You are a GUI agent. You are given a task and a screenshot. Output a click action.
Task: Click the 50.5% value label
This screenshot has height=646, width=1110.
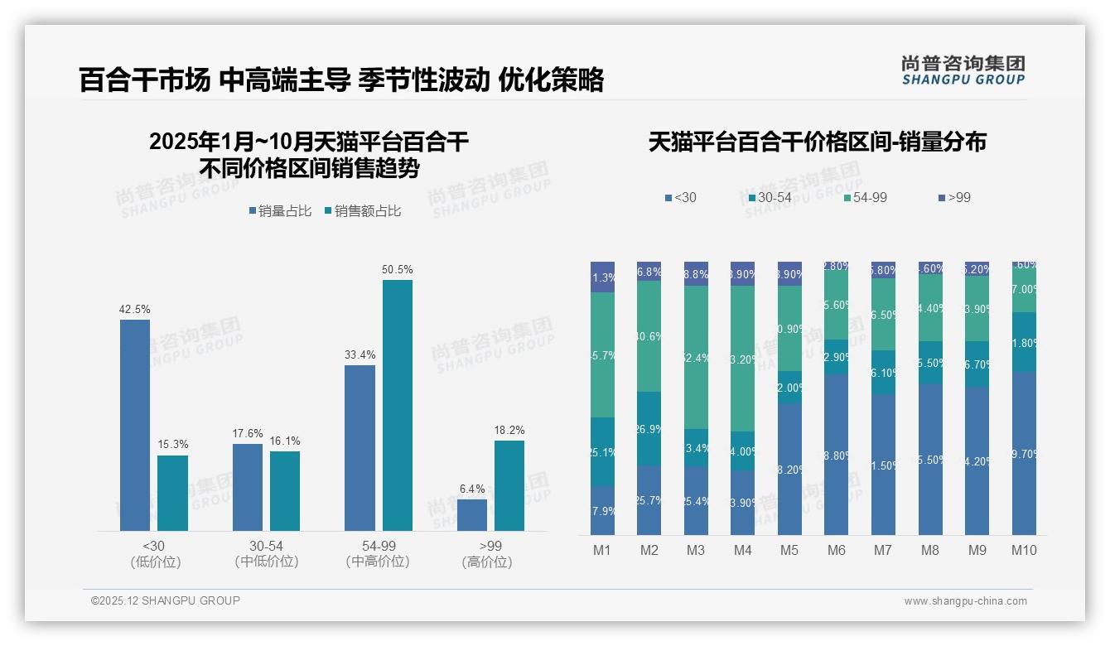[397, 270]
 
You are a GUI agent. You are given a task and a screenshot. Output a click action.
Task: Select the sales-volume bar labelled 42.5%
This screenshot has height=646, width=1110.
[135, 425]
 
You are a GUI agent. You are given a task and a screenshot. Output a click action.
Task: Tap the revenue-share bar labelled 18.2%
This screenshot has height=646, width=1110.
[509, 485]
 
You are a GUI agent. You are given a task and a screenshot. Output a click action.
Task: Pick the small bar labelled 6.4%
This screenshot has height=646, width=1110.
[472, 514]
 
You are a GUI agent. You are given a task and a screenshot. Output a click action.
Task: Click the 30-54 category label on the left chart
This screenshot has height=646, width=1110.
[267, 547]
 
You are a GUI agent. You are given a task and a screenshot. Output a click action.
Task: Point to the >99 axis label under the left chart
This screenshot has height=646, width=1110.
[490, 547]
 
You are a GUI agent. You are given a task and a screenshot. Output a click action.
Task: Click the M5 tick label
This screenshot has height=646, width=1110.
[789, 550]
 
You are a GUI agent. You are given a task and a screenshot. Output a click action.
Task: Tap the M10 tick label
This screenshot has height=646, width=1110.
[1024, 550]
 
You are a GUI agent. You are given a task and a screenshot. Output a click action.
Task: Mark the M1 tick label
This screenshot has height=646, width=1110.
[602, 550]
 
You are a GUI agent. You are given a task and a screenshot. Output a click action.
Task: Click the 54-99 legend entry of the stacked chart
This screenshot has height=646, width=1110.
[866, 198]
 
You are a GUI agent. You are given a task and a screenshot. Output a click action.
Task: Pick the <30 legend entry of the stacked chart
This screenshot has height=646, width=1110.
[681, 198]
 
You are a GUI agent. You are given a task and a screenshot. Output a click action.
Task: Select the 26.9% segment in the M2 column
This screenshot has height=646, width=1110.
[649, 429]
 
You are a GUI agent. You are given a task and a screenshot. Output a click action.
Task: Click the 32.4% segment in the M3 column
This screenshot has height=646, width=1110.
[696, 357]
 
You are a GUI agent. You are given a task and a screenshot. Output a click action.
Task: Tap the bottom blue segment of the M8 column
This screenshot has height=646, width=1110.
[930, 460]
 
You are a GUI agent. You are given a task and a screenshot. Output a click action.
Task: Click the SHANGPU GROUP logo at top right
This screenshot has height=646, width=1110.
[963, 70]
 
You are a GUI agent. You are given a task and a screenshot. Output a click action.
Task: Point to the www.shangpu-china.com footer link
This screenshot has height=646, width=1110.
[965, 601]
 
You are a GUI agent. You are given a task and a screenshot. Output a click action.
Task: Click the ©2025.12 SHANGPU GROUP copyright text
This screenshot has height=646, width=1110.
[166, 600]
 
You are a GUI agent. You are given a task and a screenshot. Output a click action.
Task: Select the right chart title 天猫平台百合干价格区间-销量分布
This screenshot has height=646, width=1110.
[817, 142]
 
